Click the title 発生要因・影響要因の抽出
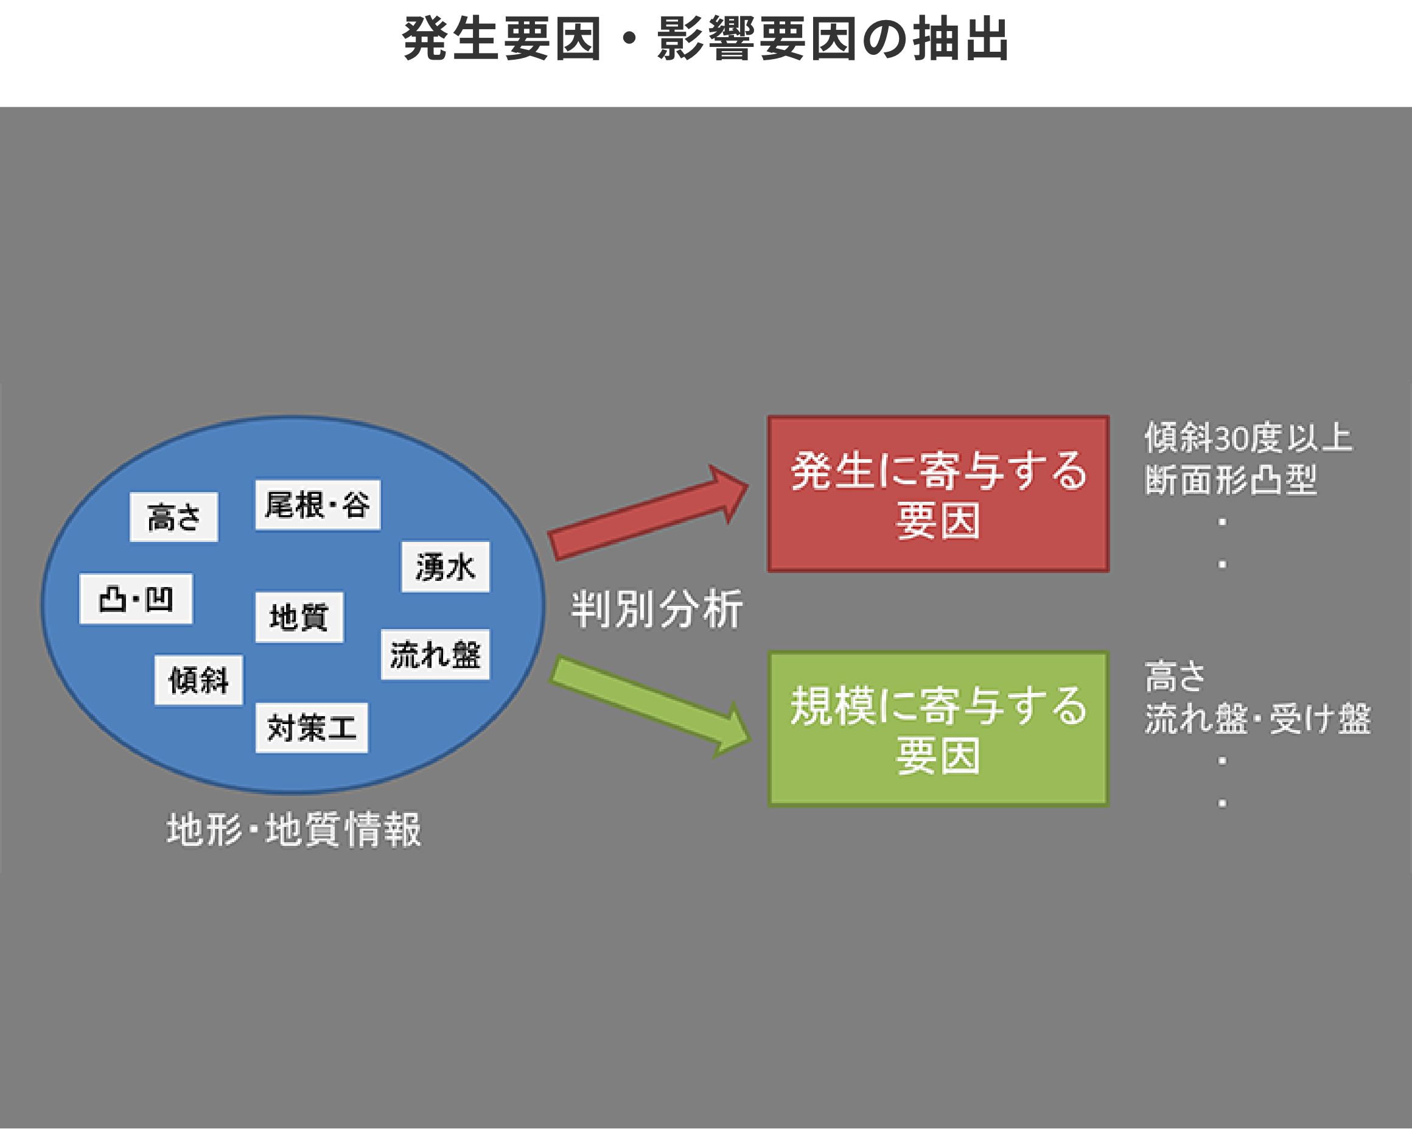705,40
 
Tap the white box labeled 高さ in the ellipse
173,517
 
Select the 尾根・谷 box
318,505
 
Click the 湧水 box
446,567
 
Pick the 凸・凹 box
136,599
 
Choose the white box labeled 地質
299,617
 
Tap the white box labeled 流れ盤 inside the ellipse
436,655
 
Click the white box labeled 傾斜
198,680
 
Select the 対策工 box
312,728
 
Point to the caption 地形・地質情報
294,829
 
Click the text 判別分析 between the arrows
657,610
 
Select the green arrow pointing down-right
651,708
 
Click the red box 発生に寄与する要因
938,494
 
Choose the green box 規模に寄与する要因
938,729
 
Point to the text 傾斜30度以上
1248,438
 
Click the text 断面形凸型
1231,480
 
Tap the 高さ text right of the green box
1175,677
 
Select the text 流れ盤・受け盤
1257,719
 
